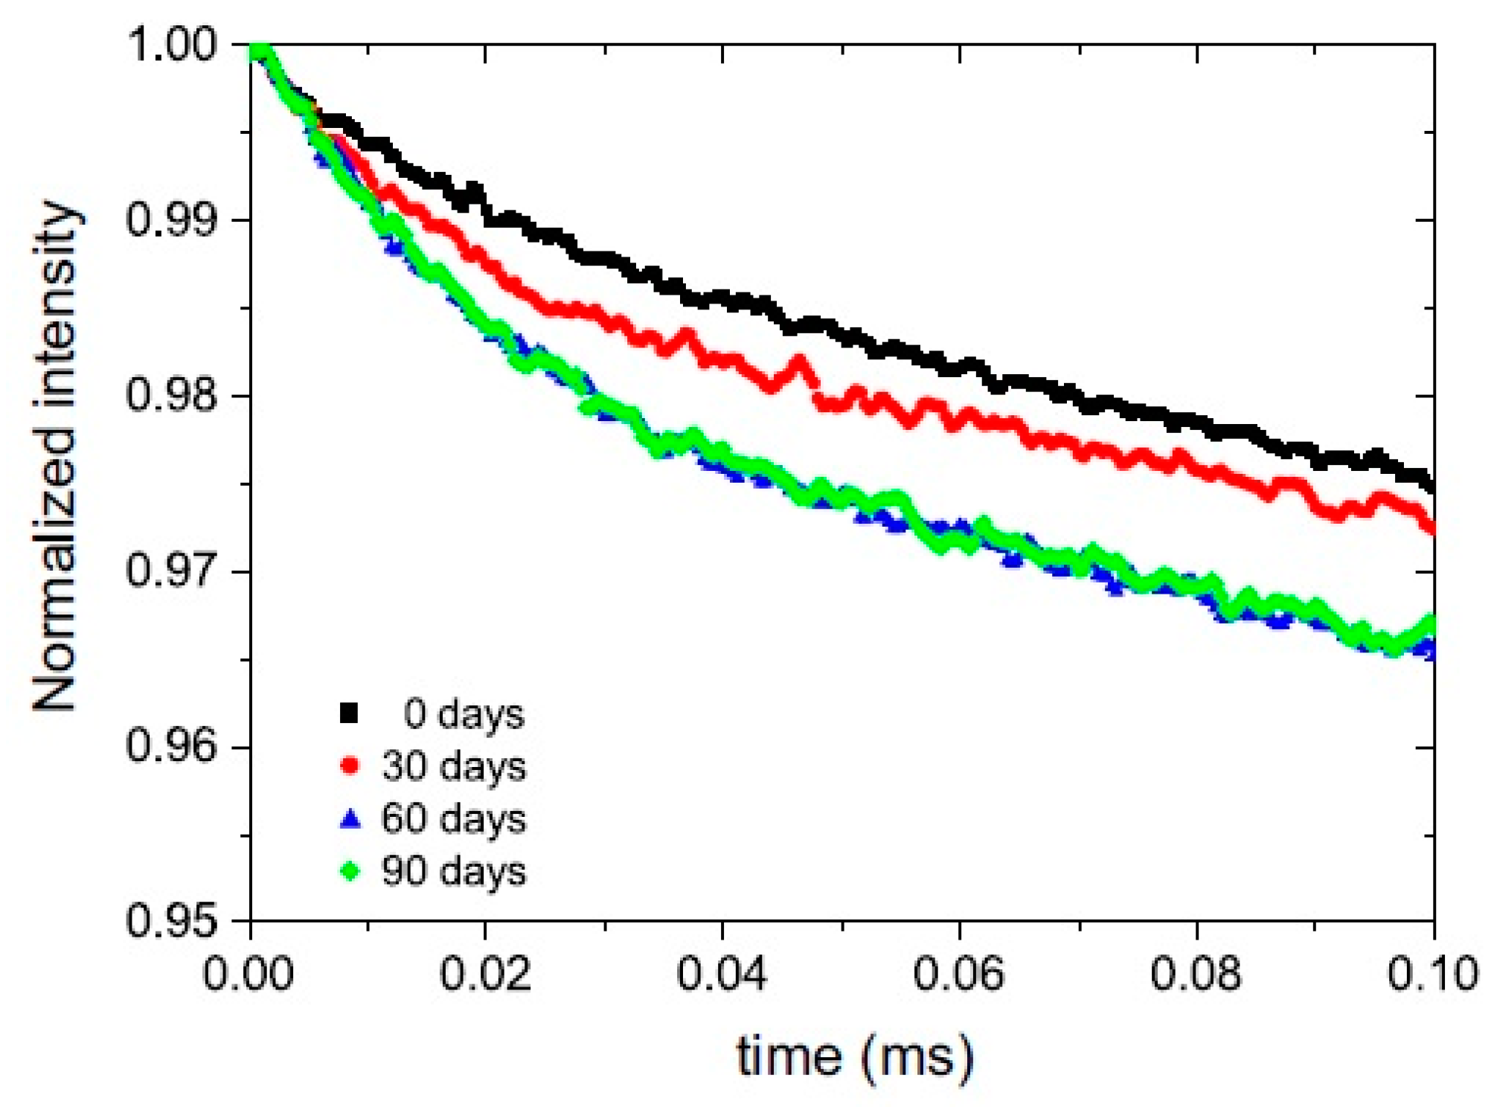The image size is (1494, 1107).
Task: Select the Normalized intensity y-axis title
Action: tap(55, 455)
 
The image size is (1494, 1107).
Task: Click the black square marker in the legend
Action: tap(349, 713)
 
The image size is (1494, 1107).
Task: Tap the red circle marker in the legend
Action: tap(349, 766)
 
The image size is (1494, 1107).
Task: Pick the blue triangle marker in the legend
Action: tap(349, 818)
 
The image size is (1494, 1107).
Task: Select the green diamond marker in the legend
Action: tap(349, 870)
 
